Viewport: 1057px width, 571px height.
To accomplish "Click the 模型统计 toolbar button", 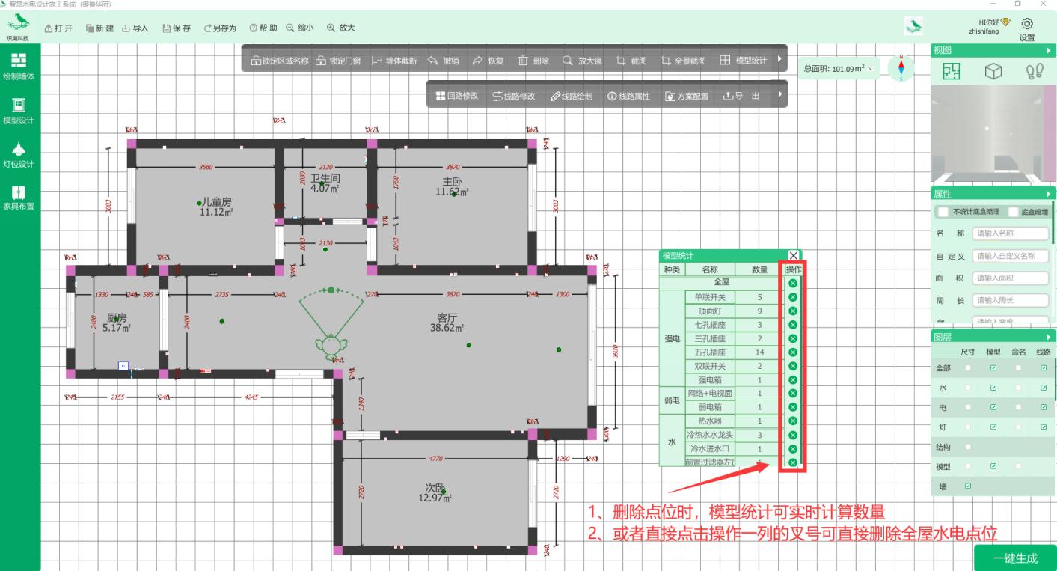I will click(743, 61).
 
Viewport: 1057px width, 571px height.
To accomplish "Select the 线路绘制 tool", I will click(572, 97).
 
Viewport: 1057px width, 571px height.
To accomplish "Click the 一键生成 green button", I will click(1014, 558).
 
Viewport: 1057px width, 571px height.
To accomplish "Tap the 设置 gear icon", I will click(1026, 25).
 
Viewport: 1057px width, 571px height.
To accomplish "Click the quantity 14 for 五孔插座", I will click(759, 352).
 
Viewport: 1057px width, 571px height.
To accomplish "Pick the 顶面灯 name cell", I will click(710, 311).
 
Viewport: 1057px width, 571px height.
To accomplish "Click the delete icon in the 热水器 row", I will click(793, 421).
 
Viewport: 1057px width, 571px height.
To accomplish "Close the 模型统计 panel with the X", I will click(793, 256).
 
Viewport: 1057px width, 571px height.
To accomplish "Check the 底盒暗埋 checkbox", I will click(1014, 212).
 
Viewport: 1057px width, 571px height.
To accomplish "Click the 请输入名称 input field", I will click(1010, 233).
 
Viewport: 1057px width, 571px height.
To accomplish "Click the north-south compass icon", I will click(901, 67).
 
